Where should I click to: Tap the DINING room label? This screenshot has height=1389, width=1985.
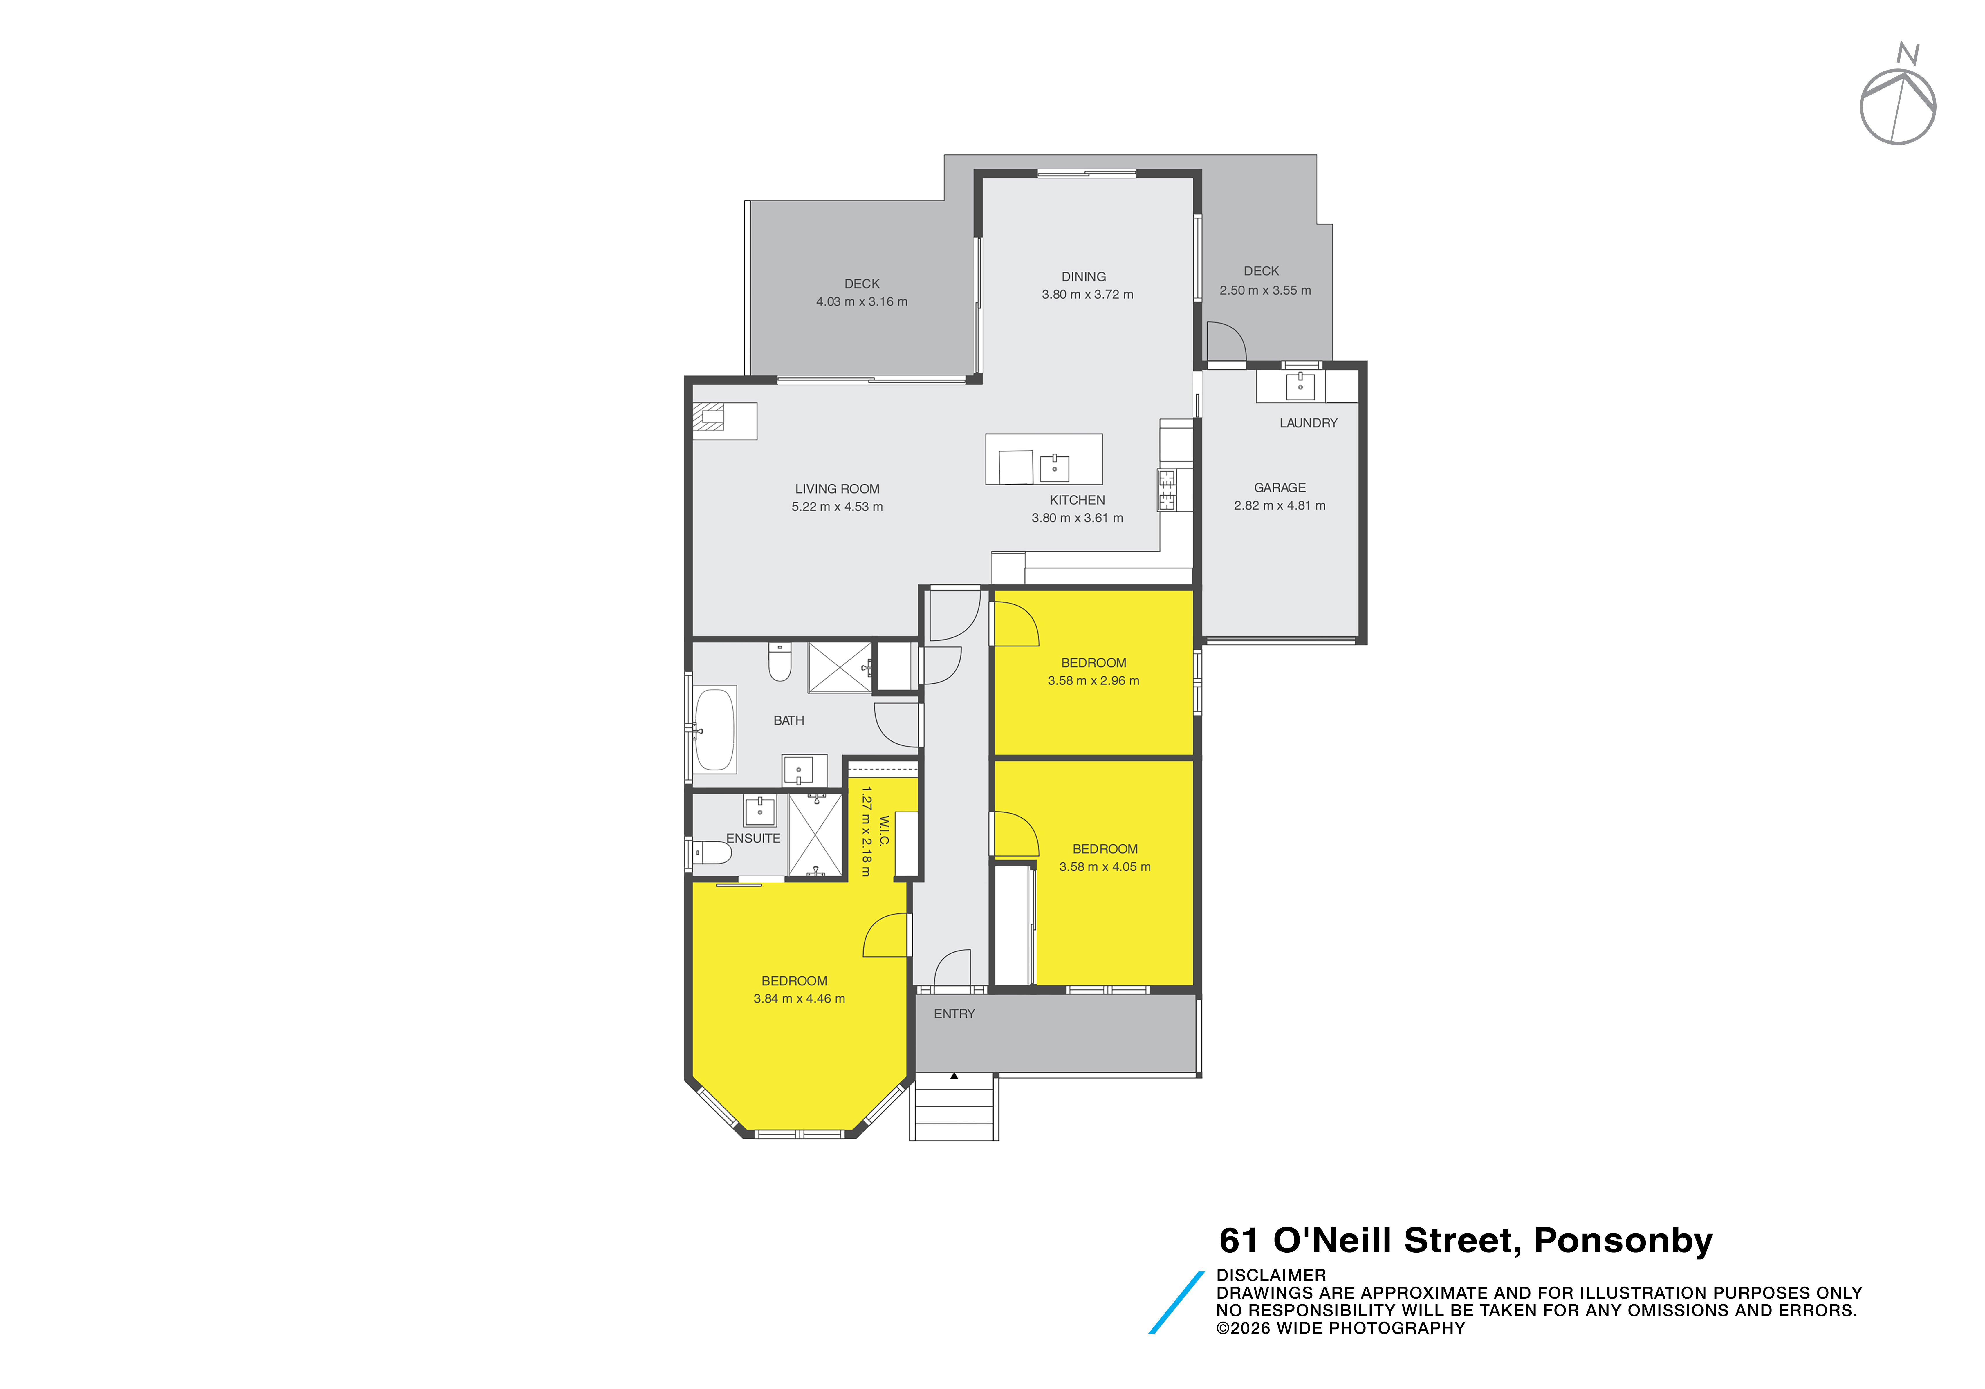click(1083, 277)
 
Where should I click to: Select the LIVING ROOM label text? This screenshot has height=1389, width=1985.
click(837, 489)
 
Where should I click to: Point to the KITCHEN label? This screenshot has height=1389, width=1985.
click(1077, 501)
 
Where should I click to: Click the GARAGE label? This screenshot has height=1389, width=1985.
click(1280, 487)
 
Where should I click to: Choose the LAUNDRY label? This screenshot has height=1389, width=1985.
click(1308, 423)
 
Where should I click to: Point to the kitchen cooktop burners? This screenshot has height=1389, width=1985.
click(1167, 490)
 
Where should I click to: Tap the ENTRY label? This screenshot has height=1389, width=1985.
click(954, 1014)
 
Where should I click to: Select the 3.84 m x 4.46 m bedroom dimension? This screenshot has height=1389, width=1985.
click(799, 998)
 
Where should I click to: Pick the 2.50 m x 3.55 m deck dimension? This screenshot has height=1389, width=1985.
click(1265, 290)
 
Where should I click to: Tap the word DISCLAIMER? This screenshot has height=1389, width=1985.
click(1271, 1275)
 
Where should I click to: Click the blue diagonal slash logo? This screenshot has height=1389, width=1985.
click(1176, 1303)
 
